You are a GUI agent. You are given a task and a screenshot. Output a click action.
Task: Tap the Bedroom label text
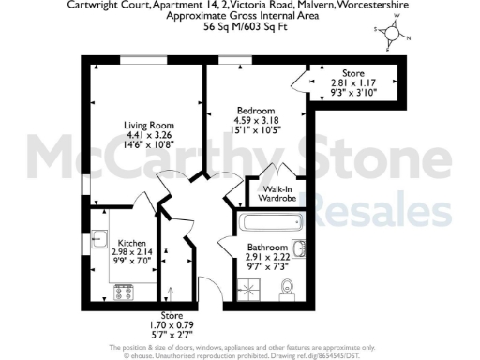point(252,109)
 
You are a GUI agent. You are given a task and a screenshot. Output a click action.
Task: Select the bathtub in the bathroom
point(271,224)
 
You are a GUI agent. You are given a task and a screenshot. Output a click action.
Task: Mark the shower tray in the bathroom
point(271,224)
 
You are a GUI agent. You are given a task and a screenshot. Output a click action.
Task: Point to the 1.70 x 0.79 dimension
point(172,324)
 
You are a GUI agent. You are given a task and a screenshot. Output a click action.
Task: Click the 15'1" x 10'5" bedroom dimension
point(252,129)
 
